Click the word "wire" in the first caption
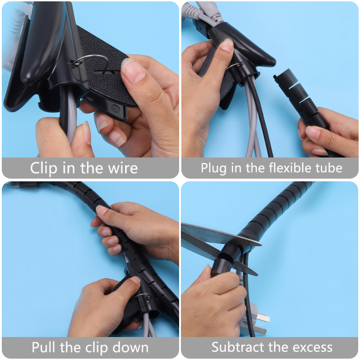click(x=123, y=168)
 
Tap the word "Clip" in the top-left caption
click(x=44, y=168)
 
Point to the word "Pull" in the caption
click(x=44, y=347)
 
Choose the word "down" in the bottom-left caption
click(x=130, y=347)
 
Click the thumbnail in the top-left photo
click(x=133, y=71)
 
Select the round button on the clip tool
click(x=115, y=108)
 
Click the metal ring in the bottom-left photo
click(x=143, y=296)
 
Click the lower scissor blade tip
click(x=256, y=274)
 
